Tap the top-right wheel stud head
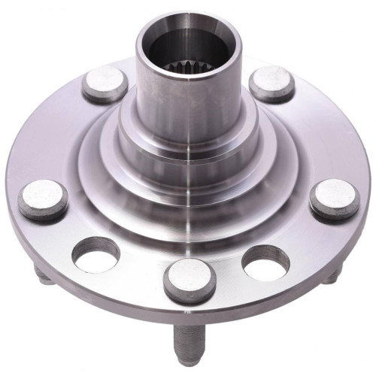pos(271,83)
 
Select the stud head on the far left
pos(44,199)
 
